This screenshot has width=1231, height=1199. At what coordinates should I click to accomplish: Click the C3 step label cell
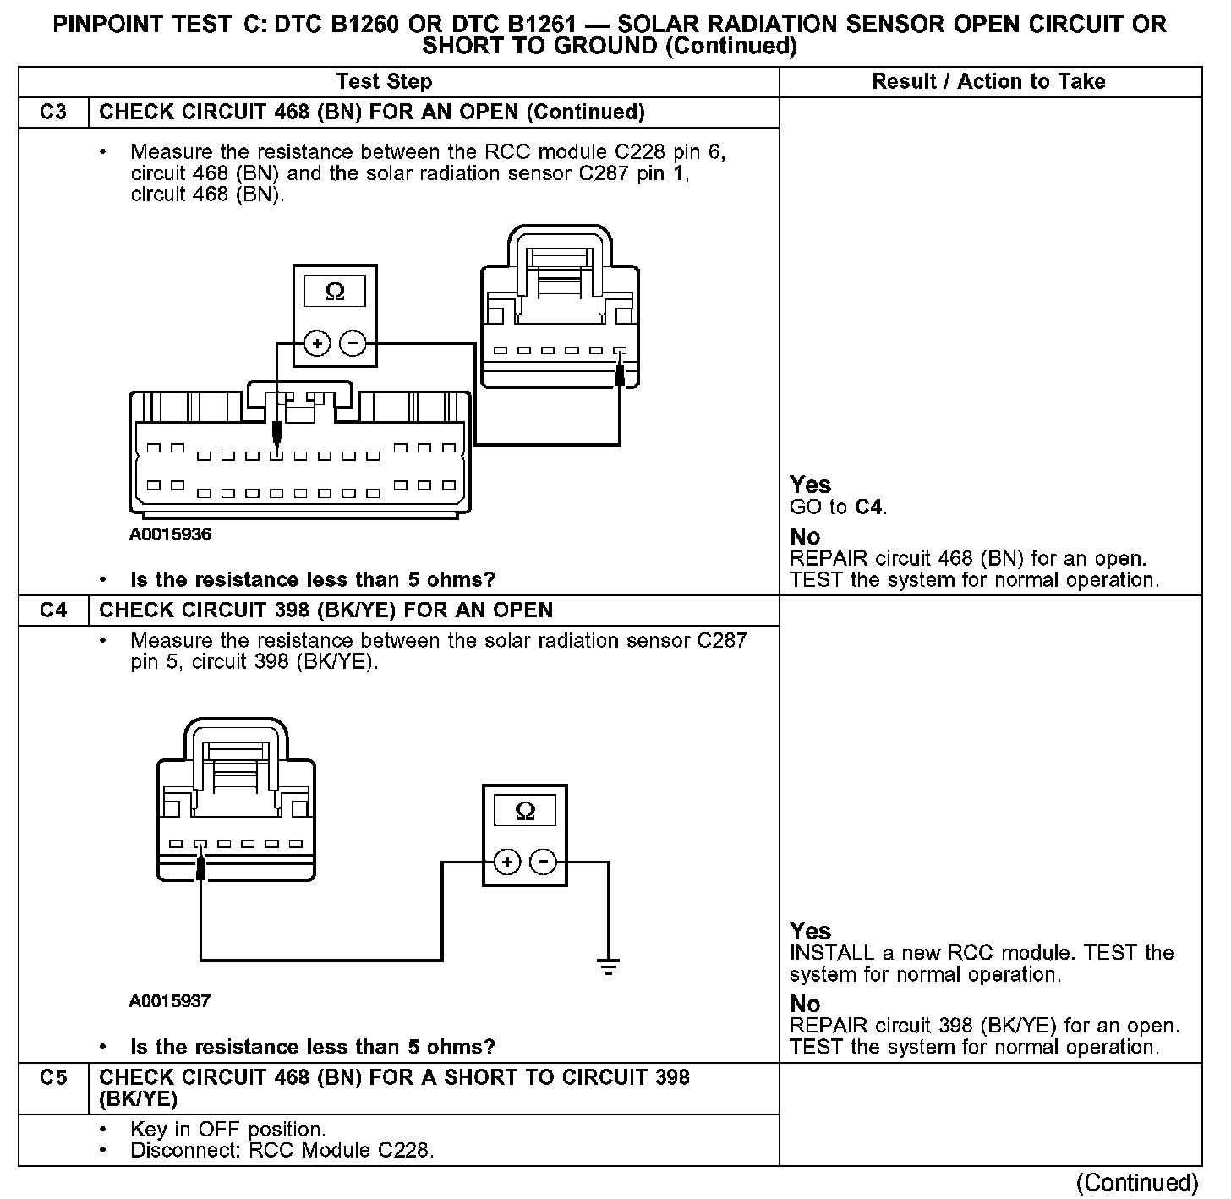pyautogui.click(x=53, y=112)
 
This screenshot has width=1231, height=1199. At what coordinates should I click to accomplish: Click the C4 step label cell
pyautogui.click(x=53, y=610)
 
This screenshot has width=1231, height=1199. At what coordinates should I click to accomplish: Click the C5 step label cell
pyautogui.click(x=53, y=1078)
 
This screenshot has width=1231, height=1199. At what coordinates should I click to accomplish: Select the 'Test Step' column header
pyautogui.click(x=384, y=82)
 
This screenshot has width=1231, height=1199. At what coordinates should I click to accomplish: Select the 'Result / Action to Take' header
pyautogui.click(x=988, y=82)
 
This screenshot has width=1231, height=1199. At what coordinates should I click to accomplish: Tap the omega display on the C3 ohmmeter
pyautogui.click(x=335, y=293)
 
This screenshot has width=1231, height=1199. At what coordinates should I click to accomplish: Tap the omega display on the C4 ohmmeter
pyautogui.click(x=525, y=812)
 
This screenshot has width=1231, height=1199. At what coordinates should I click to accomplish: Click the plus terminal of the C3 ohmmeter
pyautogui.click(x=317, y=343)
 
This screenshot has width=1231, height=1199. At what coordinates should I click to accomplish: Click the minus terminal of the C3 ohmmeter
pyautogui.click(x=353, y=343)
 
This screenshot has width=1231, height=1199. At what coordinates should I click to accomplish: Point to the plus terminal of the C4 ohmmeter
pyautogui.click(x=507, y=862)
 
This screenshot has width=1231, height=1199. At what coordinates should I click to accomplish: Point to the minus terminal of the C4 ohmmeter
pyautogui.click(x=543, y=862)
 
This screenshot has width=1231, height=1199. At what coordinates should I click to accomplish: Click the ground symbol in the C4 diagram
pyautogui.click(x=608, y=966)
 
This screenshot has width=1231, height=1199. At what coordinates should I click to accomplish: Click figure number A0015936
pyautogui.click(x=170, y=535)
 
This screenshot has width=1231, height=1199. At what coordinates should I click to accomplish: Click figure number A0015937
pyautogui.click(x=170, y=1001)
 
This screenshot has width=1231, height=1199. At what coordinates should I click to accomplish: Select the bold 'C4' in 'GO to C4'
pyautogui.click(x=869, y=507)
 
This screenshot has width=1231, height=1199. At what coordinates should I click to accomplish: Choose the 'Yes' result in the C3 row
pyautogui.click(x=810, y=485)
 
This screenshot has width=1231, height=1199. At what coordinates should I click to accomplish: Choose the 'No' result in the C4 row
pyautogui.click(x=805, y=1004)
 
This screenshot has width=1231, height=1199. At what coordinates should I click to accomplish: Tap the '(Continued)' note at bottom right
pyautogui.click(x=1138, y=1182)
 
